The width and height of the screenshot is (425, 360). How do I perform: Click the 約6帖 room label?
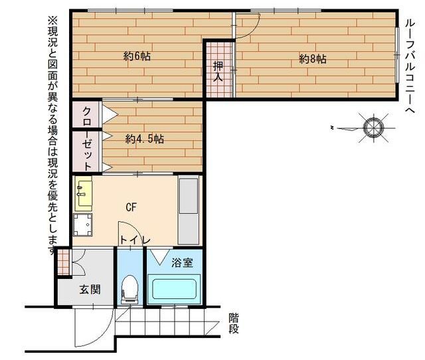(137, 56)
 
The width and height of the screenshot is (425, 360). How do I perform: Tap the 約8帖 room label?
(313, 59)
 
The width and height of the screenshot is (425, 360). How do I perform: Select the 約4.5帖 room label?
(145, 139)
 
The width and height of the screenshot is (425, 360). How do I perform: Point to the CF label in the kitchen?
(131, 207)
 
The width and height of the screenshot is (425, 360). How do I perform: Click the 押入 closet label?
(218, 72)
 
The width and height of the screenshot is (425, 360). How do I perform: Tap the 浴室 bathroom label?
(182, 262)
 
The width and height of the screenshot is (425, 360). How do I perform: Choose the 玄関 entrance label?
(90, 290)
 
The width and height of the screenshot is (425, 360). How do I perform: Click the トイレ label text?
(135, 240)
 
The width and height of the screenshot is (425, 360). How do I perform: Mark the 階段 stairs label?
(234, 323)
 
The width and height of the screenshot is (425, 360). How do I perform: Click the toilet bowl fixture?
(130, 289)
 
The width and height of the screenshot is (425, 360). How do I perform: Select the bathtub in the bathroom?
(174, 289)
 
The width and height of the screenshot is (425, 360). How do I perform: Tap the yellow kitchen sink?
(83, 193)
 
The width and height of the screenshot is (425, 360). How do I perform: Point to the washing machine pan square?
(82, 225)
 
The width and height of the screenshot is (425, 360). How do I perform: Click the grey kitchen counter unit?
(189, 211)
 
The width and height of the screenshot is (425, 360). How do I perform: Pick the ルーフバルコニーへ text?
(410, 66)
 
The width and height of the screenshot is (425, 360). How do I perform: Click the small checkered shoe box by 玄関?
(64, 262)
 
